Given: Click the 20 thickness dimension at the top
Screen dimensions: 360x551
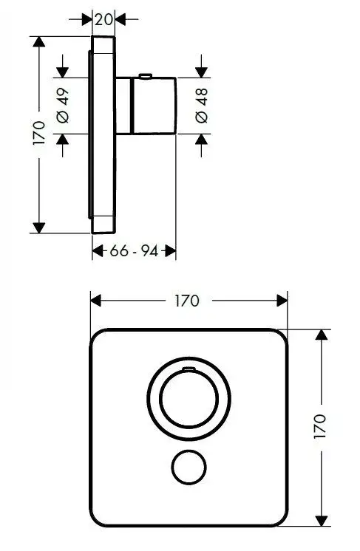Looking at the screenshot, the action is coord(103,19).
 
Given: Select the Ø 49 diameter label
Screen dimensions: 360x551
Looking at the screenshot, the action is coord(63,106).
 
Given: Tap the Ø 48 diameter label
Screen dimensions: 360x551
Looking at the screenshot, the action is coord(202,106).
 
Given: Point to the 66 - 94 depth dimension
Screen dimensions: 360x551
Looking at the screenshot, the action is coord(134,251).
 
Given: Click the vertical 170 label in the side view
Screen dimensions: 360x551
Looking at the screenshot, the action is coord(39,133).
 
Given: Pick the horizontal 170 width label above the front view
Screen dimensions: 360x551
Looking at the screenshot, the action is coord(187,301).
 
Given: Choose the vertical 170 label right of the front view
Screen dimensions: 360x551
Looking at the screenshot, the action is coord(320,426).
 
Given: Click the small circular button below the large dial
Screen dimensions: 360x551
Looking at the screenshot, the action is coord(189,467).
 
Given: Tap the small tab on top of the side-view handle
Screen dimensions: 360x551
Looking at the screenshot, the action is coord(146,75).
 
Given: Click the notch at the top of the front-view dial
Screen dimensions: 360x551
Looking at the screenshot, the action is coord(189,369).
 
